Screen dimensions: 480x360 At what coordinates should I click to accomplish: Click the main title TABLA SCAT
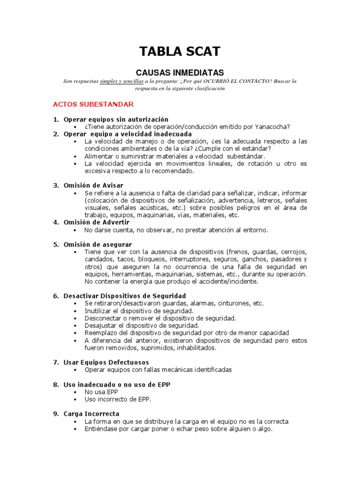click(x=180, y=51)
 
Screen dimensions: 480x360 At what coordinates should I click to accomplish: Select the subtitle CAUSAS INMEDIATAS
click(x=180, y=72)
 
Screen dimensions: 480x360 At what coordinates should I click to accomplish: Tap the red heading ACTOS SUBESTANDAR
click(x=93, y=104)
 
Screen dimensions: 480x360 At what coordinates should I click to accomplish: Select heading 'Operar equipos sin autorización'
click(x=116, y=120)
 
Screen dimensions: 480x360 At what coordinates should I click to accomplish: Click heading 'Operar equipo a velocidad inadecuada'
click(x=127, y=134)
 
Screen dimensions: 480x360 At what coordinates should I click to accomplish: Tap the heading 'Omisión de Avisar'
click(x=93, y=186)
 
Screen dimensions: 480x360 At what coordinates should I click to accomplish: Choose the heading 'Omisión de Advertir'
click(x=96, y=222)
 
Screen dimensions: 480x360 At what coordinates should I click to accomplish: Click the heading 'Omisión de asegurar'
click(x=97, y=245)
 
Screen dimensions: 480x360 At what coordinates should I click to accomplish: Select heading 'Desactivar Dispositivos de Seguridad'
click(x=125, y=296)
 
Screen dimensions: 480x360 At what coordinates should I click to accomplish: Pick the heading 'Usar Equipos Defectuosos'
click(x=106, y=362)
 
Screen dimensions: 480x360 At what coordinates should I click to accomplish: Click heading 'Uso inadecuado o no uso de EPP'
click(x=117, y=384)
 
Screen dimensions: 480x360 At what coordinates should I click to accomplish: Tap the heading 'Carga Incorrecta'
click(x=91, y=414)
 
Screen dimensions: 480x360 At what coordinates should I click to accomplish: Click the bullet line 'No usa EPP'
click(x=101, y=392)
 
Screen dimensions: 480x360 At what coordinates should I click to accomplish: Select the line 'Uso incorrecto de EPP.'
click(x=118, y=399)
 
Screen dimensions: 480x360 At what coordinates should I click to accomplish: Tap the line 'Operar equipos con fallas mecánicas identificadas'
click(x=158, y=370)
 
